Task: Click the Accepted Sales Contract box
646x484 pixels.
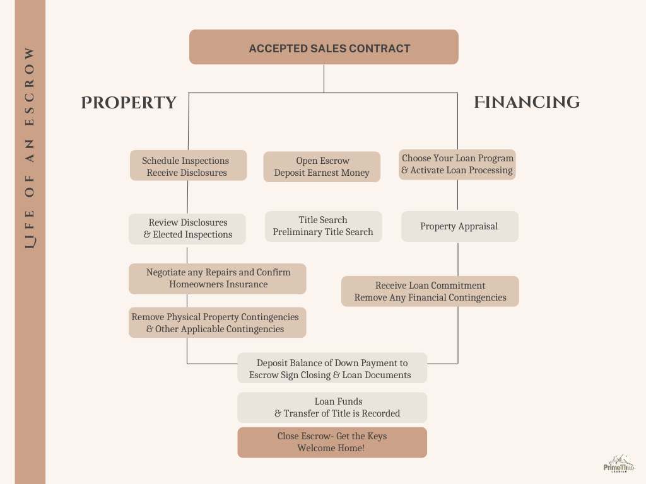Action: point(324,47)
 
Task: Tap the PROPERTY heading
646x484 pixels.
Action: point(129,103)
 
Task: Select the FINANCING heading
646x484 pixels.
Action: point(527,102)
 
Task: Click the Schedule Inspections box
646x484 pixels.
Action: point(188,165)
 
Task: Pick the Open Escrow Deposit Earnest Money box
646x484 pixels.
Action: point(322,166)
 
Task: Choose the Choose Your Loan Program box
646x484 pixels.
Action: point(457,164)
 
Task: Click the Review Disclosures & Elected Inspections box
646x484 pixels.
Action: point(187,229)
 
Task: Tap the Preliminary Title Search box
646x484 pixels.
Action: point(324,226)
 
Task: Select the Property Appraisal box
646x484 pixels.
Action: point(460,226)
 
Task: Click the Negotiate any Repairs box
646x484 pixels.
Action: point(218,279)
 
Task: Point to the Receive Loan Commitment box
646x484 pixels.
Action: point(430,291)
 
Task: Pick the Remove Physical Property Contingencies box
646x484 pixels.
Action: point(218,323)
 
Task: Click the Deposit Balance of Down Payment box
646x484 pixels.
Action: point(332,368)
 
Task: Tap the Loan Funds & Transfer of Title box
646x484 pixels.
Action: point(332,408)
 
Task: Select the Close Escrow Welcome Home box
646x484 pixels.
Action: point(332,442)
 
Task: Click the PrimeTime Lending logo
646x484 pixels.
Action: point(618,463)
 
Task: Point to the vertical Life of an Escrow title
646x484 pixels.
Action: point(30,148)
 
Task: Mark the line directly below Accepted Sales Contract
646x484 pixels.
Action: point(324,79)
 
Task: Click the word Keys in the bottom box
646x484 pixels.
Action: point(377,436)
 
